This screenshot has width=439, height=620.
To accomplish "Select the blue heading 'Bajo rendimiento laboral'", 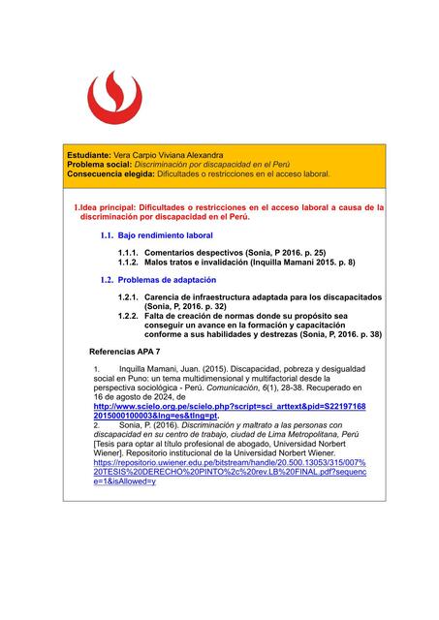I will point(165,235).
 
